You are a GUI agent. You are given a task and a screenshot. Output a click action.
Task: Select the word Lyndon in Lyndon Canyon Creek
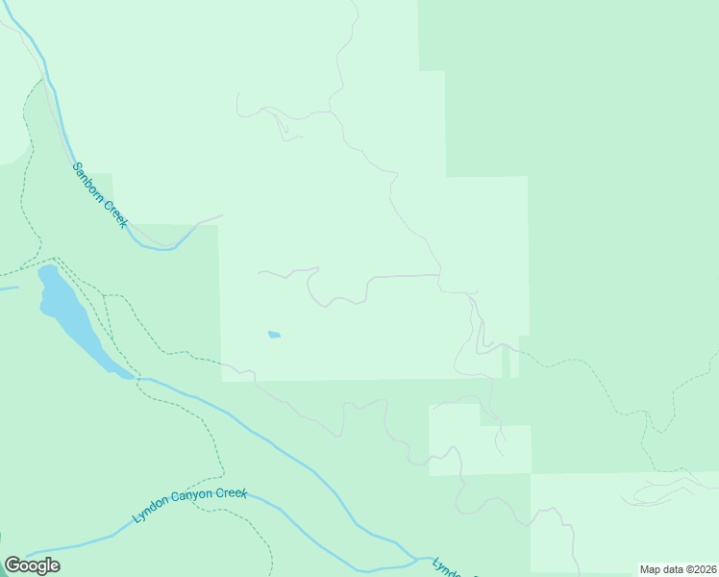pos(150,511)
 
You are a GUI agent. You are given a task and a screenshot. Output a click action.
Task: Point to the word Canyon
pos(190,498)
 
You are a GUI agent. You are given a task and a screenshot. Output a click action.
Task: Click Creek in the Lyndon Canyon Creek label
pos(231,493)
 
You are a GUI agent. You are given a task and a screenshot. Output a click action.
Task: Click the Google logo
pos(32,565)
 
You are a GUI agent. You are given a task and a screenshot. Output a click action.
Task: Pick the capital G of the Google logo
pos(12,565)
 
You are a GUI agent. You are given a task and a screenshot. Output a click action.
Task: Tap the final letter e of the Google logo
pos(54,566)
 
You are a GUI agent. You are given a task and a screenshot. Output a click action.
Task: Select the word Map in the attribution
pos(652,569)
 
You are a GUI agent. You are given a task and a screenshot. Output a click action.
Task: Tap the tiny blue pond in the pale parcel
pos(274,335)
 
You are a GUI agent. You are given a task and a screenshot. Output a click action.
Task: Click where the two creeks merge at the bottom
pos(416,558)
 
